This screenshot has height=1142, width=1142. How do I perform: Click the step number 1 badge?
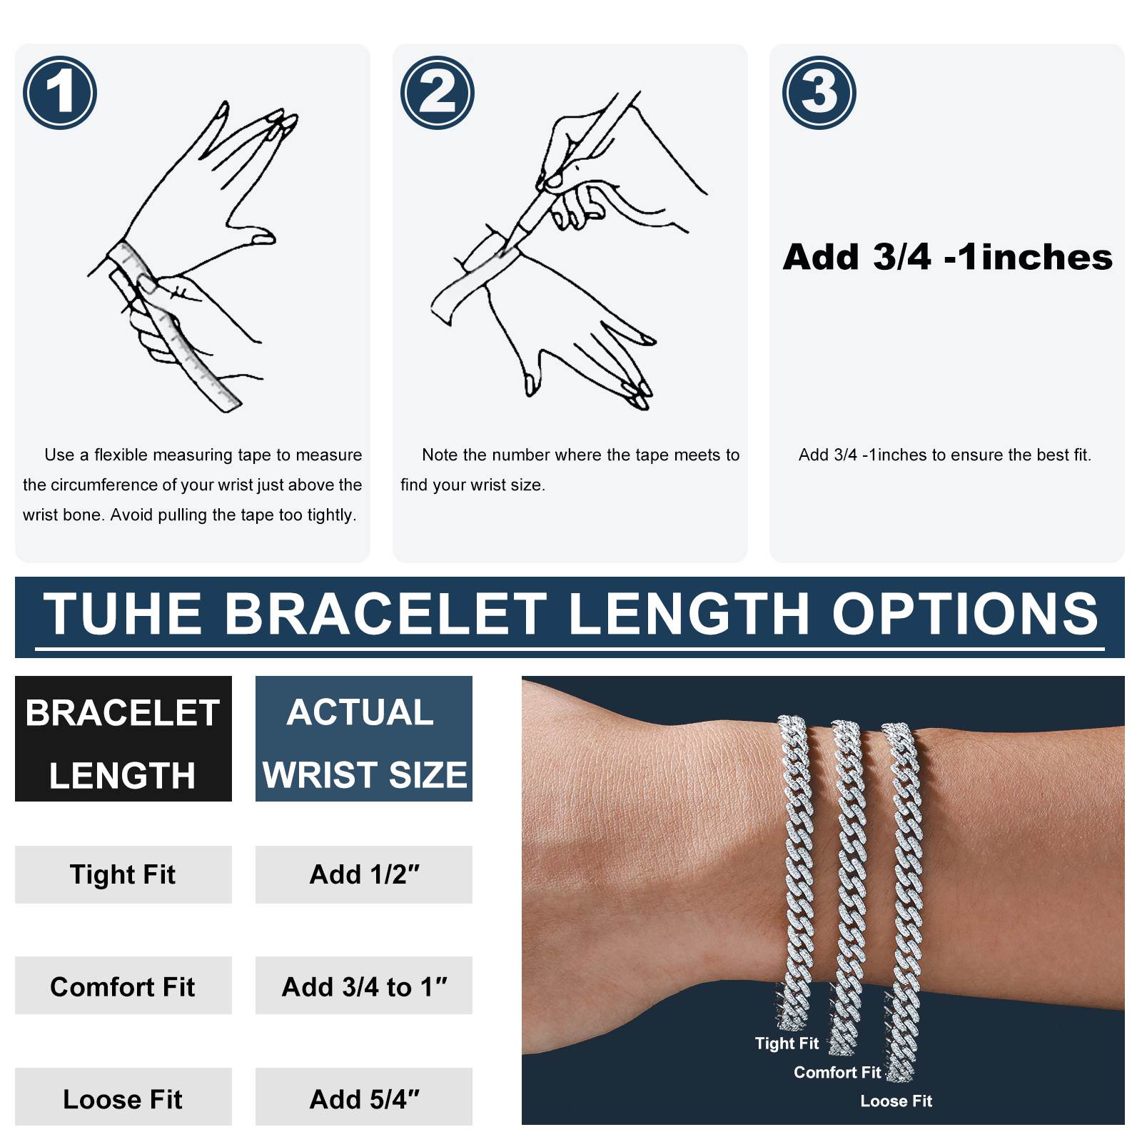60,93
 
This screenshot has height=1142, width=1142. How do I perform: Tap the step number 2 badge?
438,93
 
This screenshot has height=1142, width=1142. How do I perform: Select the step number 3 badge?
819,93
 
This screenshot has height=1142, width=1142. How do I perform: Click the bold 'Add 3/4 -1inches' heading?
947,257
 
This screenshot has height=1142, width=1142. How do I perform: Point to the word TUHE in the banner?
123,614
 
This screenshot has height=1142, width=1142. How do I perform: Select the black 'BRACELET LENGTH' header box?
123,739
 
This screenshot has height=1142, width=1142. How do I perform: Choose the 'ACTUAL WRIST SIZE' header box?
364,739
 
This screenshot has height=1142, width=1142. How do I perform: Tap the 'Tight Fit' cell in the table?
123,874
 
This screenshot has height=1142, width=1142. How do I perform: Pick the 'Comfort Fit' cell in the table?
123,986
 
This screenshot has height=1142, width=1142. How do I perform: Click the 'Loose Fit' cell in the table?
123,1098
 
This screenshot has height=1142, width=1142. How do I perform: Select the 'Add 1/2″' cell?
364,874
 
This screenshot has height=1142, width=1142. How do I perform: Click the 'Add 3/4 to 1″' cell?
364,986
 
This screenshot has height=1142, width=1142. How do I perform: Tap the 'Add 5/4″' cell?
364,1098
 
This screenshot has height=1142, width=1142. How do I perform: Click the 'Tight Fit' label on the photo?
787,1044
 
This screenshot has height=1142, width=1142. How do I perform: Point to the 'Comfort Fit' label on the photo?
837,1072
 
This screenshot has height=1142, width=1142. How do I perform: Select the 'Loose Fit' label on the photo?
896,1101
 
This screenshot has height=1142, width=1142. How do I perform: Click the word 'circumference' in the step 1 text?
110,485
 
